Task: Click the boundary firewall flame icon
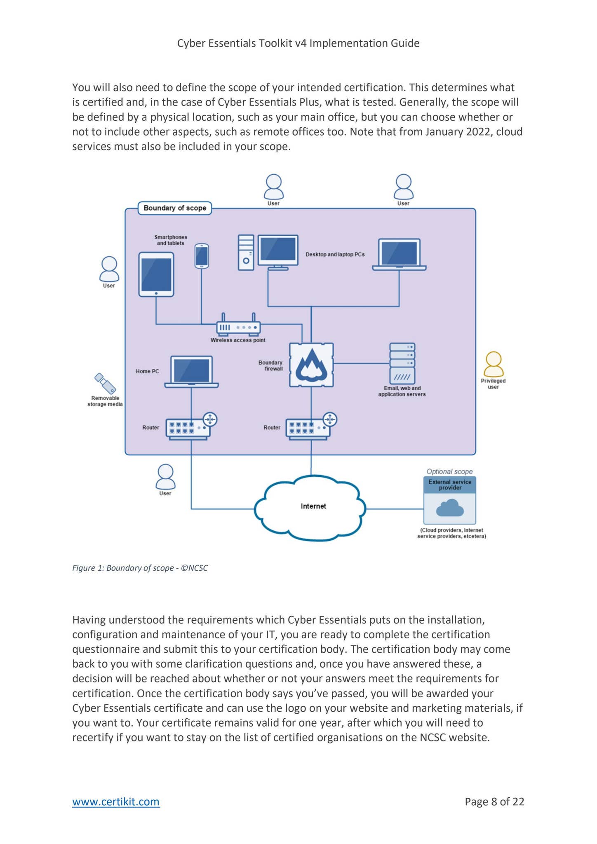(x=311, y=365)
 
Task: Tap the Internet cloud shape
(x=310, y=507)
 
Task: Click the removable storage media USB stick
(x=105, y=383)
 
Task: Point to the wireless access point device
(x=238, y=327)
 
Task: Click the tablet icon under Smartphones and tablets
(x=156, y=274)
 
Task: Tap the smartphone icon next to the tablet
(x=202, y=256)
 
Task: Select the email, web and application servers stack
(x=402, y=363)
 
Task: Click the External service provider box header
(x=450, y=485)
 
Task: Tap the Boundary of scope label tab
(x=175, y=208)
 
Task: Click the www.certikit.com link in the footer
(x=116, y=802)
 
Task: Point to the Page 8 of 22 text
(x=494, y=802)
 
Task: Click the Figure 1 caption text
(x=140, y=568)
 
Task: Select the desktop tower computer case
(x=246, y=253)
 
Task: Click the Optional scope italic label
(x=449, y=471)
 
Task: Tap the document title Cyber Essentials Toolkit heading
(x=298, y=43)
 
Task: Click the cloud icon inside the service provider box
(x=450, y=508)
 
